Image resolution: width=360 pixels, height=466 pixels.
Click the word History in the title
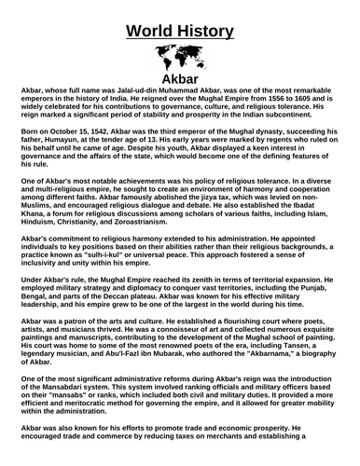point(207,30)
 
